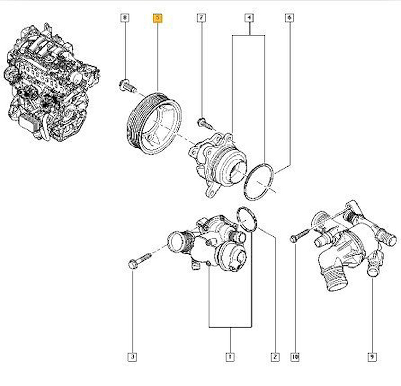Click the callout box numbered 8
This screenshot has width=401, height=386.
(125, 17)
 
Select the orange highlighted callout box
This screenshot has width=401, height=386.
(158, 17)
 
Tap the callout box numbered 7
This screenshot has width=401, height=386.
(201, 17)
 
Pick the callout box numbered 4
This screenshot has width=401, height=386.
(249, 17)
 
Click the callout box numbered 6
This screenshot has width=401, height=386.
(289, 17)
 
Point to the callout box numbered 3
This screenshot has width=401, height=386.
(133, 357)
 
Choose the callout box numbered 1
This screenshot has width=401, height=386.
(230, 357)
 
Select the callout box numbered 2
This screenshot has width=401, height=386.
(275, 357)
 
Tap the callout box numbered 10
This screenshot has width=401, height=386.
(295, 357)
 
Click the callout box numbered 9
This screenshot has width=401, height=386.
(372, 357)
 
